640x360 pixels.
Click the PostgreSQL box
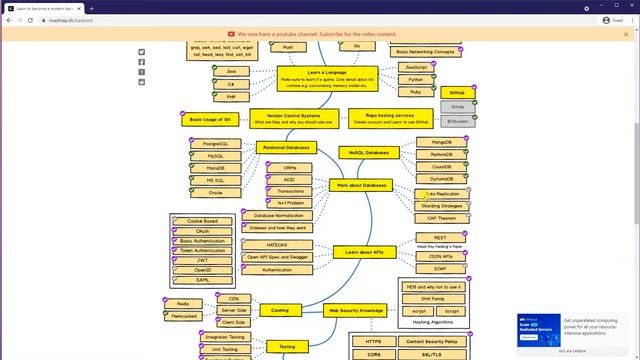point(216,144)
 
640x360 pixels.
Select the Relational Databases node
point(287,147)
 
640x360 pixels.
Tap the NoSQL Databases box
point(362,152)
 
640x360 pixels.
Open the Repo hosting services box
point(390,118)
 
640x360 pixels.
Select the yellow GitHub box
point(457,92)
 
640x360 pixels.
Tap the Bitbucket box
point(457,120)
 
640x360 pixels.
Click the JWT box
point(203,260)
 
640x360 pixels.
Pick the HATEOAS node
point(277,245)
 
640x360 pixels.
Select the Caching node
point(280,311)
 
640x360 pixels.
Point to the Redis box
point(183,303)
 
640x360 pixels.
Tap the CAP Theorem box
point(441,218)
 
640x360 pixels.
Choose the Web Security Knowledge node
point(356,311)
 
